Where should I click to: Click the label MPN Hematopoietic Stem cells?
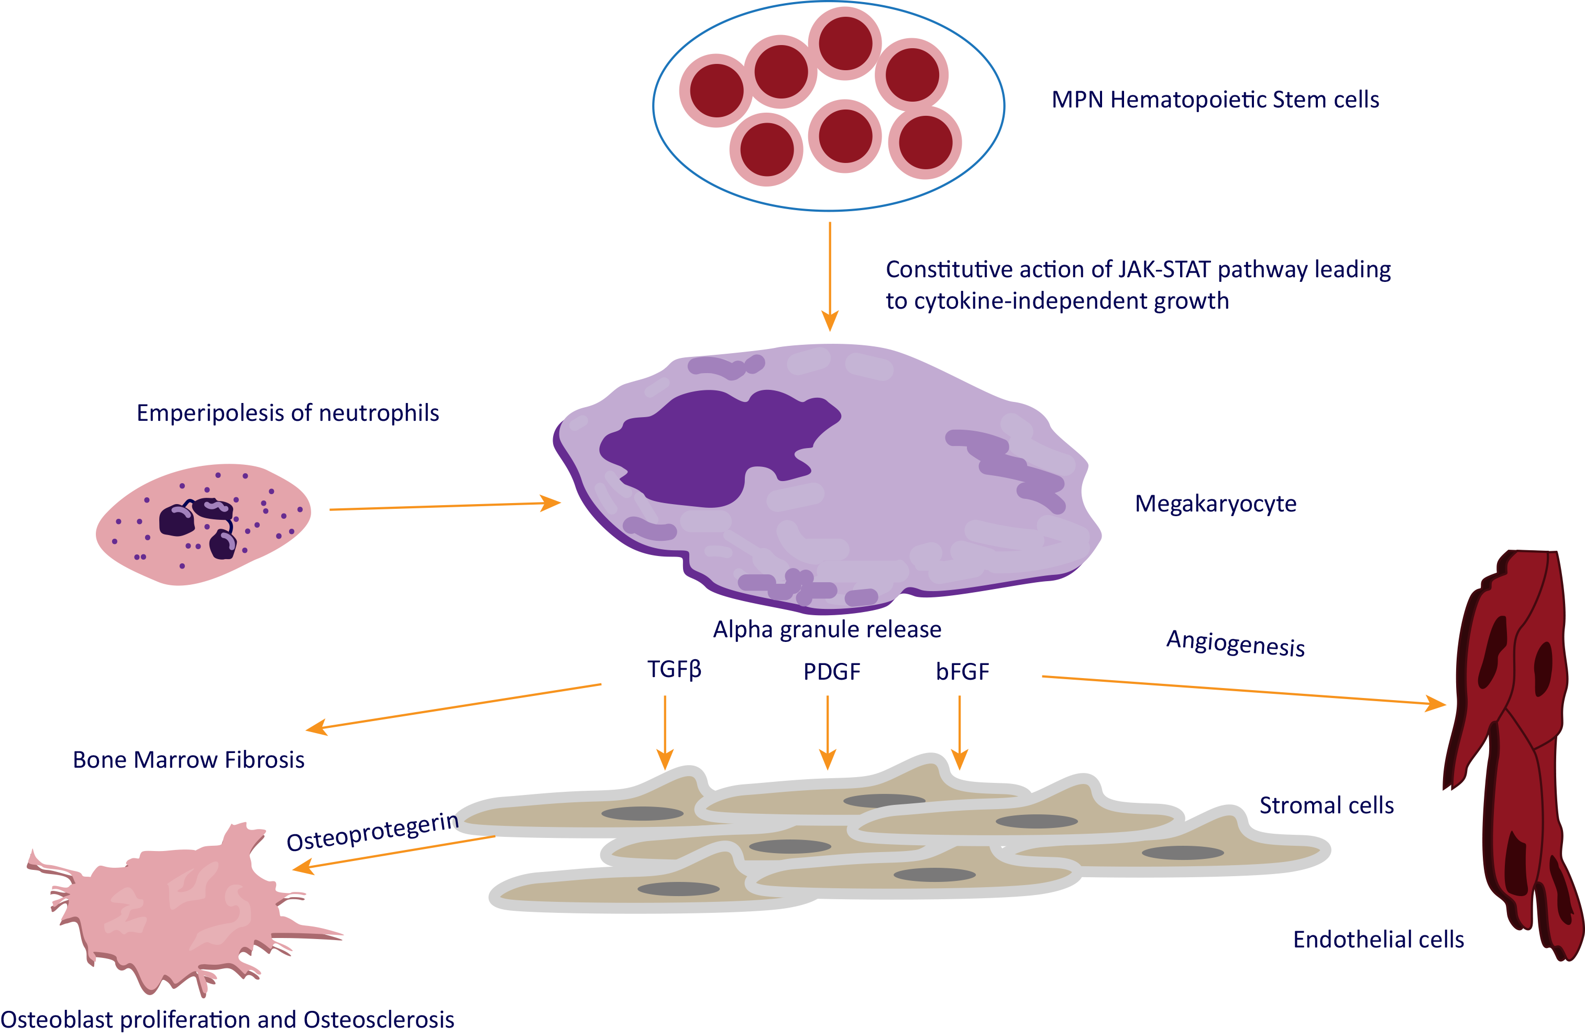tap(1215, 100)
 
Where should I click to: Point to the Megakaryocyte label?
tap(1215, 504)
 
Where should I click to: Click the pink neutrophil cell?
tap(203, 525)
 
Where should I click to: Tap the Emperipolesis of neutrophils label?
tap(288, 413)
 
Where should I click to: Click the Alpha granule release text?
tap(827, 629)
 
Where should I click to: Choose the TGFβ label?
tap(674, 669)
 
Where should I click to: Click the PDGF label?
tap(832, 672)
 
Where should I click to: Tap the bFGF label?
tap(962, 672)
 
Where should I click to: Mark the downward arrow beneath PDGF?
tap(828, 733)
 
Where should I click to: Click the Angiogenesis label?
tap(1235, 644)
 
